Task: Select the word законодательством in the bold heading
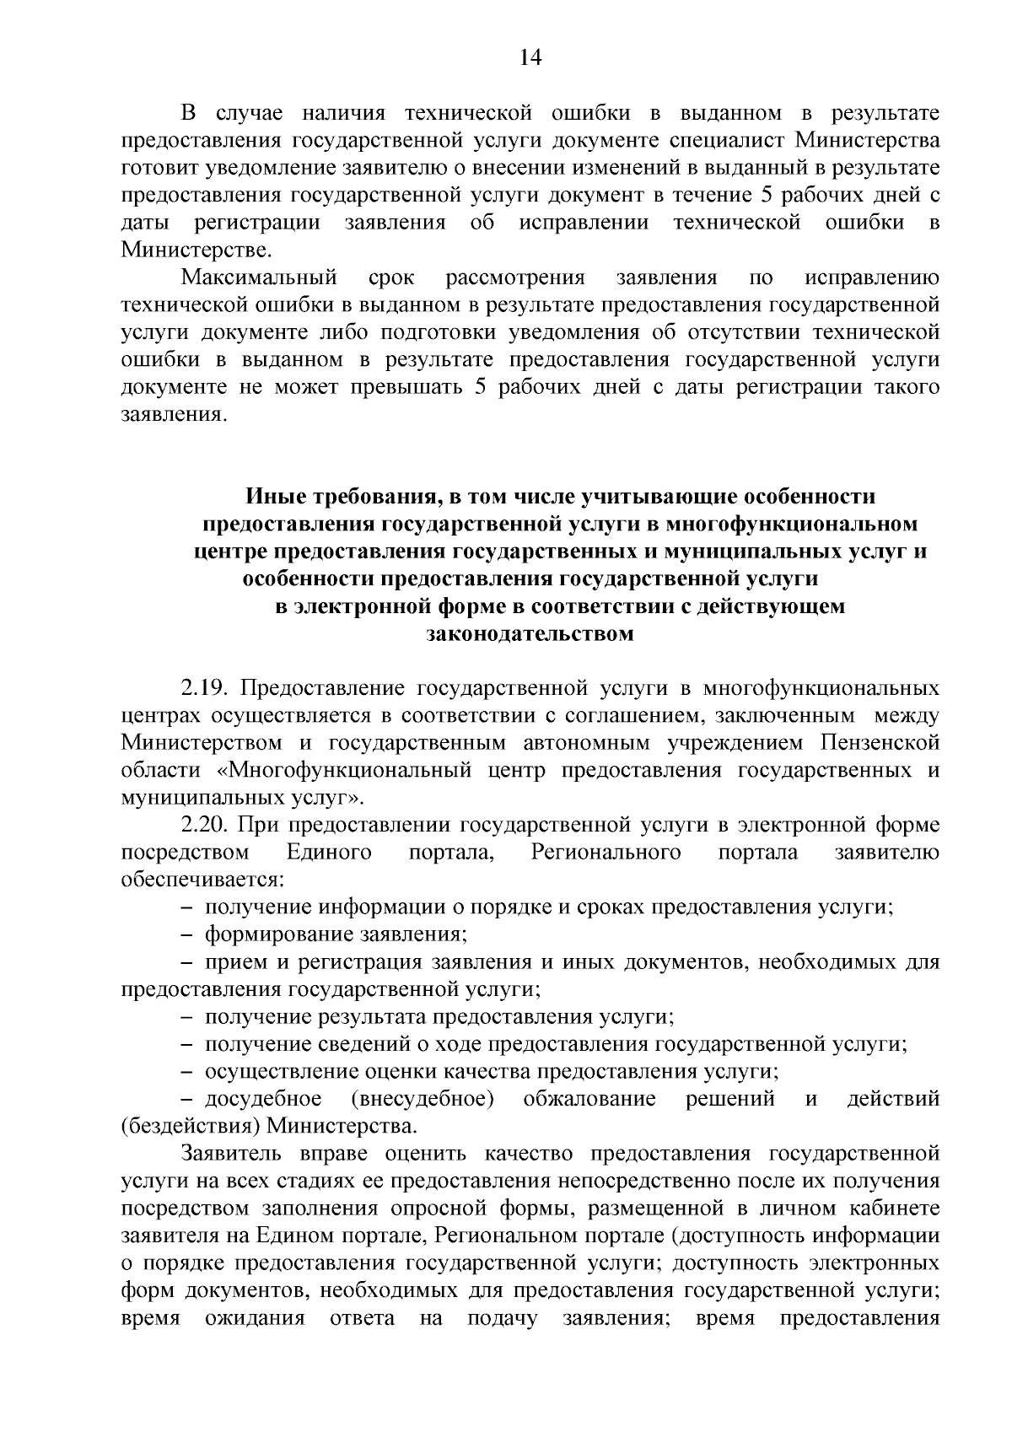[x=530, y=633]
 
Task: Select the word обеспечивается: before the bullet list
[x=202, y=880]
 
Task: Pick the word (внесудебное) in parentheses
[x=422, y=1099]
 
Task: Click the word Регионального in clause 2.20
[x=606, y=853]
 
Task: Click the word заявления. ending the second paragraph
[x=174, y=415]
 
